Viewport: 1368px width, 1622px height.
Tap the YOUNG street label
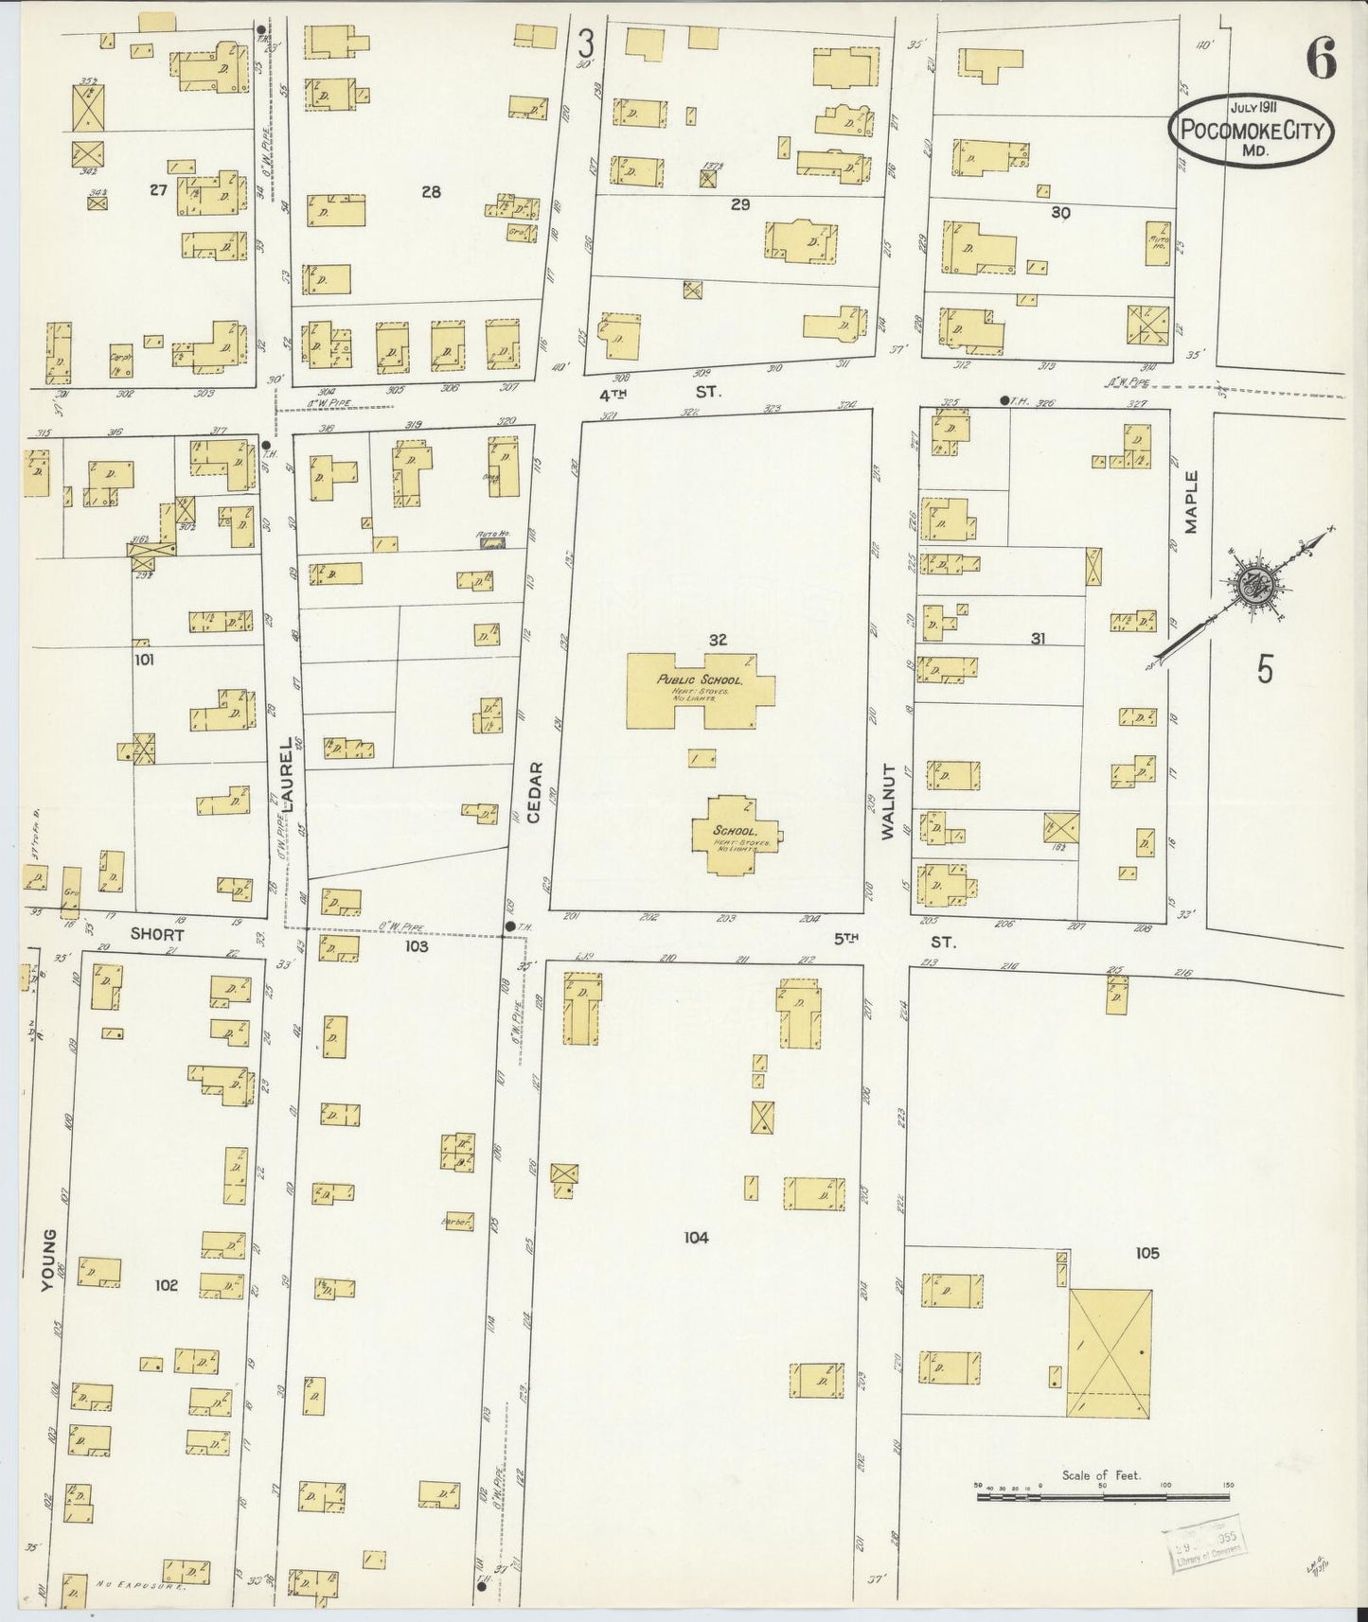click(49, 1258)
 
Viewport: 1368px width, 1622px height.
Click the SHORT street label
click(156, 933)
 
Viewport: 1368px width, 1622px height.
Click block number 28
click(431, 192)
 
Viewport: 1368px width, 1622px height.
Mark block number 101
click(144, 660)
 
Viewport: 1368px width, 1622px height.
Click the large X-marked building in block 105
click(1110, 1352)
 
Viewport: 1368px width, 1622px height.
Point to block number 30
click(1060, 214)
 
